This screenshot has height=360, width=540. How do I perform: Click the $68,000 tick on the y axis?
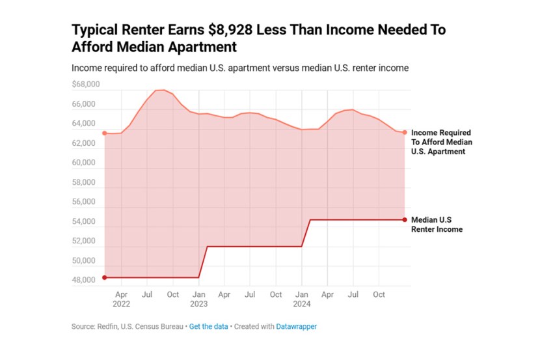86,85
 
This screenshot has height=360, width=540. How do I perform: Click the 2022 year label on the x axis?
121,303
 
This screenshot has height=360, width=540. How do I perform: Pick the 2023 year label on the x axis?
199,303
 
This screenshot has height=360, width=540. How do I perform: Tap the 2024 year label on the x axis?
302,303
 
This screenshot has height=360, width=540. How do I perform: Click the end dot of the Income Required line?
405,132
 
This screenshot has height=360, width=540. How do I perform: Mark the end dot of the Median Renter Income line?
405,219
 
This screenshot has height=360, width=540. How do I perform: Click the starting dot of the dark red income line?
104,277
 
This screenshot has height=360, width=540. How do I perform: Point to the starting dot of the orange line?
104,133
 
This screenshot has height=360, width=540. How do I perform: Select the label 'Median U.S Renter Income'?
437,224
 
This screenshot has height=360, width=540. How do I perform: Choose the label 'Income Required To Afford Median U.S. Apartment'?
442,141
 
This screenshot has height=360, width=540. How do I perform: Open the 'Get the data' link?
208,327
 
